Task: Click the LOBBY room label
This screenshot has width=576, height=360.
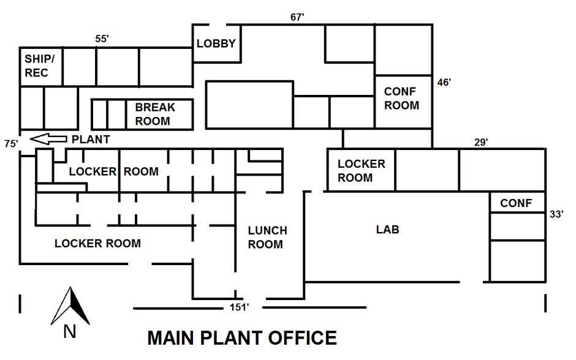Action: [x=216, y=43]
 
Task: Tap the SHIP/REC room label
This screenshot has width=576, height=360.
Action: [x=39, y=66]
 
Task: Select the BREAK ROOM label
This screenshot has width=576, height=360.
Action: [x=154, y=114]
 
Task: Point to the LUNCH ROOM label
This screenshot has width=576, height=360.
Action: [x=267, y=238]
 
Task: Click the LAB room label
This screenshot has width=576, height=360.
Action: [x=387, y=230]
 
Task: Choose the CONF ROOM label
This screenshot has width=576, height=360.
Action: [x=401, y=98]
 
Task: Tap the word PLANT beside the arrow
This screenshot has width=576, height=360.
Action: [x=91, y=140]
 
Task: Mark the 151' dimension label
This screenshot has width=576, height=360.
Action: [x=239, y=307]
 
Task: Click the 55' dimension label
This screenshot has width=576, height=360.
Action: [x=102, y=39]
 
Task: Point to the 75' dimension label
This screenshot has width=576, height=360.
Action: [x=10, y=144]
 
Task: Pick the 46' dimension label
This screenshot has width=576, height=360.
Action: [x=444, y=81]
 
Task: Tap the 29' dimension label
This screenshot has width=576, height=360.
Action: [x=481, y=142]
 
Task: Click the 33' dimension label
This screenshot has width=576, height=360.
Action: [x=556, y=214]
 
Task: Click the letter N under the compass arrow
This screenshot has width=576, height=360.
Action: [x=69, y=332]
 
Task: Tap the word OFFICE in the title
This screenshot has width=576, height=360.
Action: [x=300, y=338]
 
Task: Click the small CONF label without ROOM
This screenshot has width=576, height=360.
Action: [x=516, y=203]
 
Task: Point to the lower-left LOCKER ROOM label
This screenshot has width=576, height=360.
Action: [x=97, y=244]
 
